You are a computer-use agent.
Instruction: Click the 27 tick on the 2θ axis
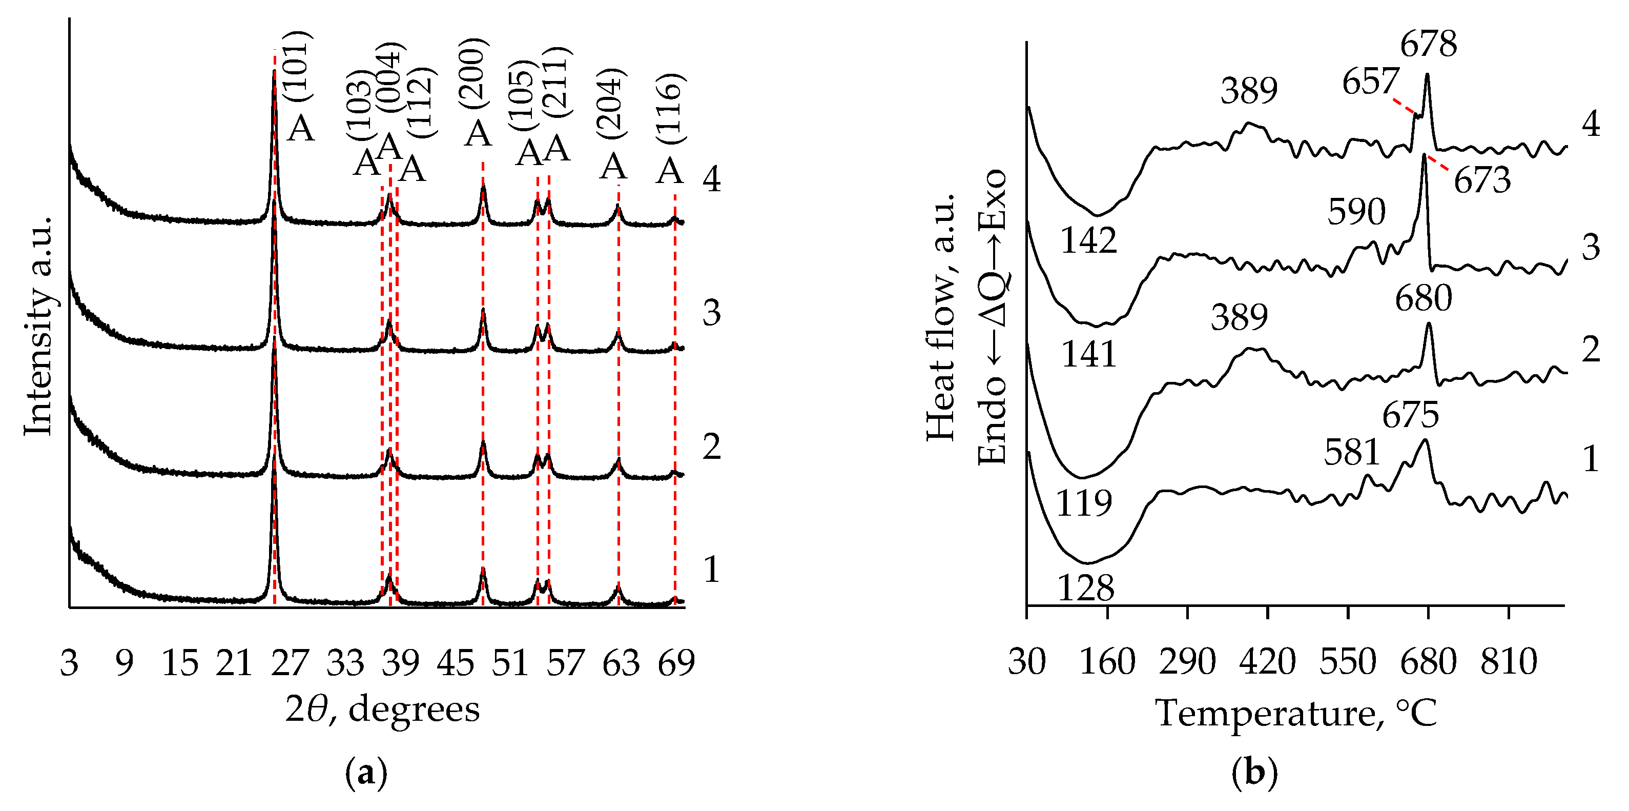click(x=290, y=663)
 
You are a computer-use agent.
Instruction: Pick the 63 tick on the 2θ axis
click(x=622, y=663)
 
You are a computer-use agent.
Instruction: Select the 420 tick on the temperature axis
click(x=1267, y=663)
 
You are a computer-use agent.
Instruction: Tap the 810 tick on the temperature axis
click(x=1509, y=663)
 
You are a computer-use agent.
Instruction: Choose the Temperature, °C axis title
click(x=1296, y=713)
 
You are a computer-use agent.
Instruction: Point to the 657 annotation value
click(x=1370, y=82)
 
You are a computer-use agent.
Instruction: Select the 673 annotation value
click(x=1481, y=181)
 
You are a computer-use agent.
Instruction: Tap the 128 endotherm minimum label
click(x=1085, y=589)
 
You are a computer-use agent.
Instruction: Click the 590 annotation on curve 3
click(x=1356, y=211)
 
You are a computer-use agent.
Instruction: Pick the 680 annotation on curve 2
click(x=1424, y=298)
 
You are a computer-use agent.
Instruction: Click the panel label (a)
click(x=366, y=773)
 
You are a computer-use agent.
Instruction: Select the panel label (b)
click(x=1254, y=773)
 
